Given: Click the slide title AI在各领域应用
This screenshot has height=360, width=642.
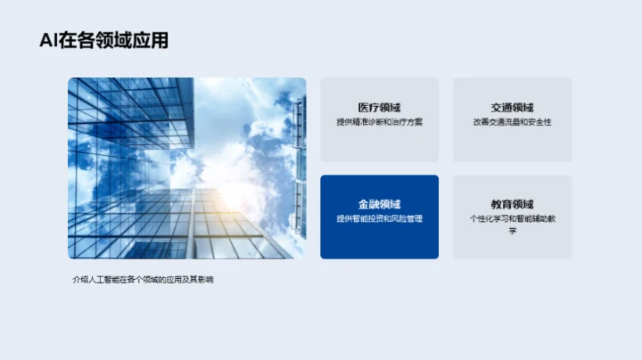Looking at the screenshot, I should pos(104,40).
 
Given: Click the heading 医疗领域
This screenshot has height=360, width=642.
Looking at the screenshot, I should pos(379,107).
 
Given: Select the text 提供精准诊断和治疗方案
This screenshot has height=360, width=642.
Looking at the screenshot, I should pos(379,122).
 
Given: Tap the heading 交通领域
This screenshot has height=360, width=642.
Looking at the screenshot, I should pos(512,107).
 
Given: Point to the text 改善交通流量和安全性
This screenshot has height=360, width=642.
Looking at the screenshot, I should pos(512,122).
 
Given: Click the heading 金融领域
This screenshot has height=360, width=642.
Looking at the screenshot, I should pos(379,204).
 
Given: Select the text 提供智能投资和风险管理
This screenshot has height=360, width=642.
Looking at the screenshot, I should pos(379,219).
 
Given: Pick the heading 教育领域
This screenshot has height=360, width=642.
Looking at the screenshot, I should pos(512,204).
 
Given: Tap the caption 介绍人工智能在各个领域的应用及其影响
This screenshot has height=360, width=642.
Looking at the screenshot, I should pos(144,280).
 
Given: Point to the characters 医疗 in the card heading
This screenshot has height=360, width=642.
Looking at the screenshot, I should pos(367,107).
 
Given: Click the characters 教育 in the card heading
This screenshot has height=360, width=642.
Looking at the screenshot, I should pos(500,204).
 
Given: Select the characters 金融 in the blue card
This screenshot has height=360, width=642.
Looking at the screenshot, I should pos(367,204).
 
